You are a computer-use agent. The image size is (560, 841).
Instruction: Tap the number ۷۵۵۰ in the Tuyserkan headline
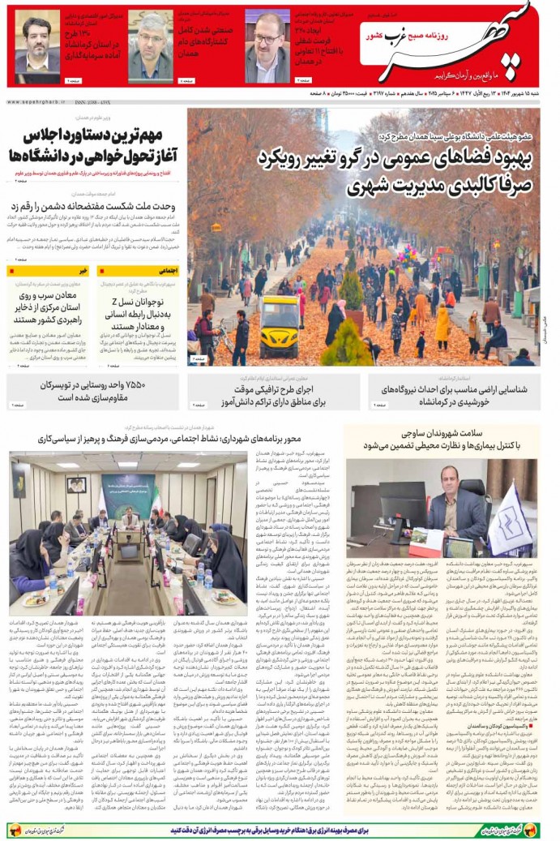pos(134,384)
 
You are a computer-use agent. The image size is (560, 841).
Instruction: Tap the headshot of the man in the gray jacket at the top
pos(152,36)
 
